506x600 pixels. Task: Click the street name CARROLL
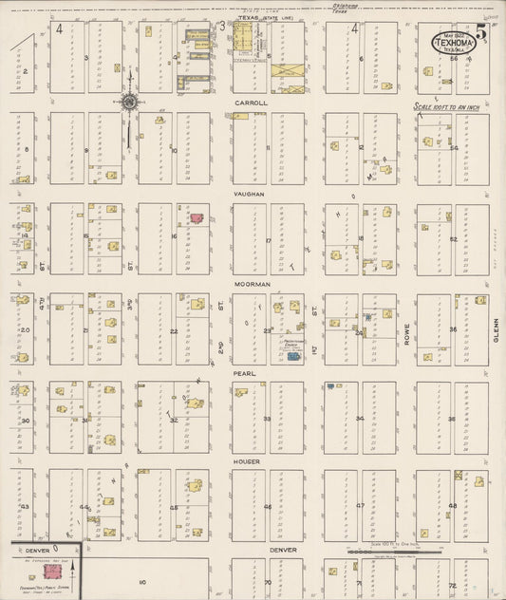(252, 103)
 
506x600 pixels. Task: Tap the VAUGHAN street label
(252, 193)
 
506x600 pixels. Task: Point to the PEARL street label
(245, 374)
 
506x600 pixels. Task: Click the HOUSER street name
(247, 460)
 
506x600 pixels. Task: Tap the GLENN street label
(496, 329)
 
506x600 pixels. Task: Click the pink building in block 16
(197, 217)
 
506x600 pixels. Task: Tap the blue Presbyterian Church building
(293, 356)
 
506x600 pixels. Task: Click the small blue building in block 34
(330, 385)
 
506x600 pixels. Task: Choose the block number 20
(26, 329)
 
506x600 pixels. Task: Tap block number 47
(361, 505)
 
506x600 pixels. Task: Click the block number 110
(143, 581)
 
